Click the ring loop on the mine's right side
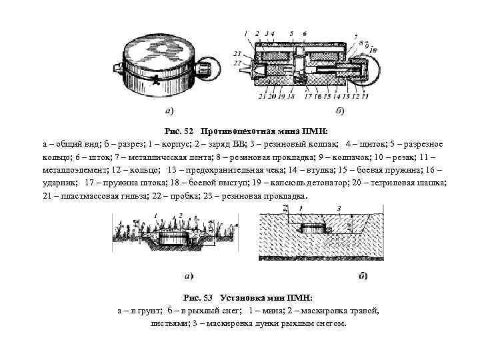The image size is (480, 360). click(x=378, y=66)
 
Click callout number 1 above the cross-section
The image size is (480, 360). click(x=246, y=33)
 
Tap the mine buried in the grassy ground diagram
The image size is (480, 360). click(x=176, y=238)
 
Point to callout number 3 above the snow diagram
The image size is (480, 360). click(x=339, y=209)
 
